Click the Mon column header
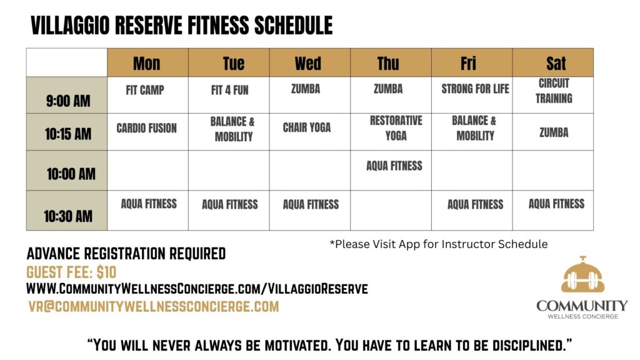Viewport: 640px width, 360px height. pyautogui.click(x=147, y=63)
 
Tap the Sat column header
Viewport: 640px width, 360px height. pyautogui.click(x=556, y=63)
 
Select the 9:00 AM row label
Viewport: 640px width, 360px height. pyautogui.click(x=68, y=101)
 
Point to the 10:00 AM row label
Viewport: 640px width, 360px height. pyautogui.click(x=71, y=174)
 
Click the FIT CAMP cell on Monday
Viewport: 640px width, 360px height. pyautogui.click(x=145, y=90)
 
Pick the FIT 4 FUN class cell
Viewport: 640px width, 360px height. pyautogui.click(x=230, y=90)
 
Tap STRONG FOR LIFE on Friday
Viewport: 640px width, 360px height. pyautogui.click(x=475, y=89)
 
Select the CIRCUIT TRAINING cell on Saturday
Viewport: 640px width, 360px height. pyautogui.click(x=554, y=91)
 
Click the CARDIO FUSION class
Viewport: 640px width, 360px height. pyautogui.click(x=146, y=128)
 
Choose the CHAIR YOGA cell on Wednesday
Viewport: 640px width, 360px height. pyautogui.click(x=307, y=127)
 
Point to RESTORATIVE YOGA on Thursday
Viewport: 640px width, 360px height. pyautogui.click(x=396, y=127)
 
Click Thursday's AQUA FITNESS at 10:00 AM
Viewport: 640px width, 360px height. pyautogui.click(x=394, y=166)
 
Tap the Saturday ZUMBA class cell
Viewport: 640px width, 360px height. pyautogui.click(x=554, y=132)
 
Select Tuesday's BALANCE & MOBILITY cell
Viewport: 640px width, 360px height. pyautogui.click(x=232, y=129)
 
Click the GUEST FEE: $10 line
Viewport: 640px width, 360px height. pyautogui.click(x=71, y=272)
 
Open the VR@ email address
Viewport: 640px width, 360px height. pyautogui.click(x=154, y=306)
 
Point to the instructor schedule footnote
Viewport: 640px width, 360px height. pyautogui.click(x=439, y=244)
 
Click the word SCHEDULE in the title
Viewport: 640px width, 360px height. pyautogui.click(x=294, y=25)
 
